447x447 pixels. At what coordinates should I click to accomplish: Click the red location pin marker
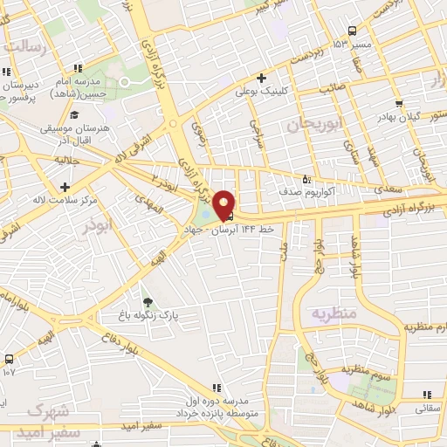pos(223,204)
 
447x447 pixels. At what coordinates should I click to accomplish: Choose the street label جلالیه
pos(65,161)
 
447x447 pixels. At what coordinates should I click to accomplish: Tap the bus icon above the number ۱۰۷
pos(9,359)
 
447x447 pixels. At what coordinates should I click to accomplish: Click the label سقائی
pos(427,407)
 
